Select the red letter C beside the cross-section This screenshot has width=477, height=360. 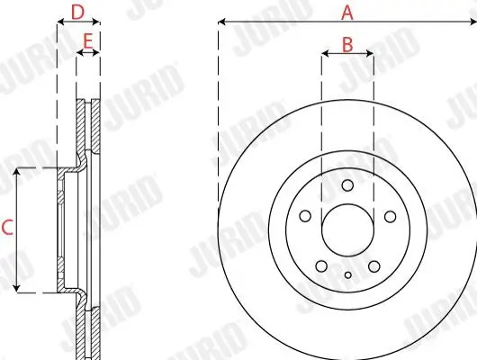tap(7, 229)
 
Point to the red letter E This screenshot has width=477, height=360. tap(87, 40)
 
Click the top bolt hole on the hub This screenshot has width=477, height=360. tap(347, 186)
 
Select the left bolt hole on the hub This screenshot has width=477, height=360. tap(305, 216)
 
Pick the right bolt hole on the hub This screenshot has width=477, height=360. tap(390, 216)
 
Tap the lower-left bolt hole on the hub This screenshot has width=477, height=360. tap(321, 265)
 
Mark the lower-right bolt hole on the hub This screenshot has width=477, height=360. tap(373, 265)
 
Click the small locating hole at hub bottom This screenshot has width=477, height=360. tap(347, 274)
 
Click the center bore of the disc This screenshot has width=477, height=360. tap(347, 230)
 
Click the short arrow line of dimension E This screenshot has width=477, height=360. tap(87, 54)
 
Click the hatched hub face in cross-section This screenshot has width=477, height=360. tap(61, 229)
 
